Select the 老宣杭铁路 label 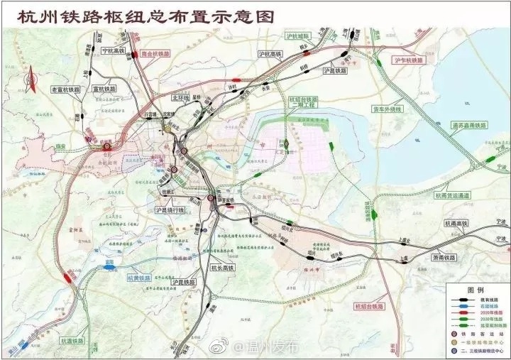65,90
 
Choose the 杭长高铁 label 223,268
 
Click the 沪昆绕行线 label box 170,211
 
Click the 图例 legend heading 475,291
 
